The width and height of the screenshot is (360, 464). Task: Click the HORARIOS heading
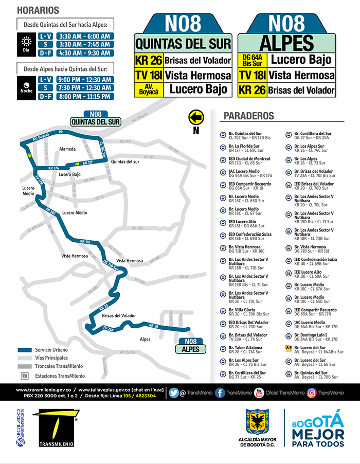[x=38, y=10]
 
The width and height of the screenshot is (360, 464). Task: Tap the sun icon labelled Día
[x=26, y=42]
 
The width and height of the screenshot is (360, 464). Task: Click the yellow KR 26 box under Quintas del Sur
[x=148, y=61]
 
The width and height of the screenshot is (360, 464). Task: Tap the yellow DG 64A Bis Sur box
[x=252, y=60]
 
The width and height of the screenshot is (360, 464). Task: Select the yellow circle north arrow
[x=196, y=118]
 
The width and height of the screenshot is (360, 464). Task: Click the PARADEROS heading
[x=249, y=116]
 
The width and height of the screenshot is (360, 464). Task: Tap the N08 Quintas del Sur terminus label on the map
[x=96, y=118]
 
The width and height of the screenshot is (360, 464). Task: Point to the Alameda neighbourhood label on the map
[x=67, y=149]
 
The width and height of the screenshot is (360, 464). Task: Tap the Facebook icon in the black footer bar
[x=220, y=393]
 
